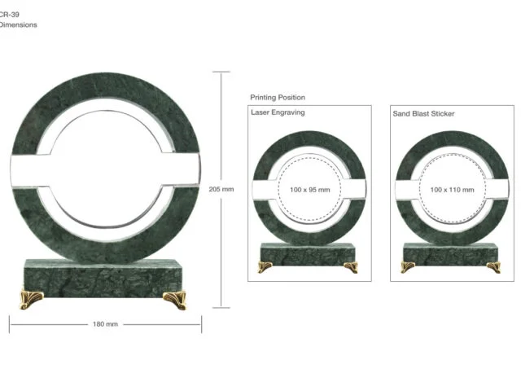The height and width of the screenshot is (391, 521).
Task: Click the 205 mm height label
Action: (x=221, y=189)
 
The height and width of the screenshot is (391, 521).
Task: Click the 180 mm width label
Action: (x=105, y=324)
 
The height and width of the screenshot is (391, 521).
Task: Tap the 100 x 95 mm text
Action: (x=310, y=190)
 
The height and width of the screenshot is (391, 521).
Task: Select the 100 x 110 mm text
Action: (x=453, y=190)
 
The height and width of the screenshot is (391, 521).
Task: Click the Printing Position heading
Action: (x=278, y=98)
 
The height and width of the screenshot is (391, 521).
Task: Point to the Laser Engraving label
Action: (x=278, y=112)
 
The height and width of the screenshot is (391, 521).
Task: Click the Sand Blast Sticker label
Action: (x=423, y=114)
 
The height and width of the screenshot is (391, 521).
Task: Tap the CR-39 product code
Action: (x=9, y=15)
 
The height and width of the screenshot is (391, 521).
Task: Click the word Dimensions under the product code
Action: (x=18, y=25)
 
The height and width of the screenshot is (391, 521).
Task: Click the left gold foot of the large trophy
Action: (x=31, y=299)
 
